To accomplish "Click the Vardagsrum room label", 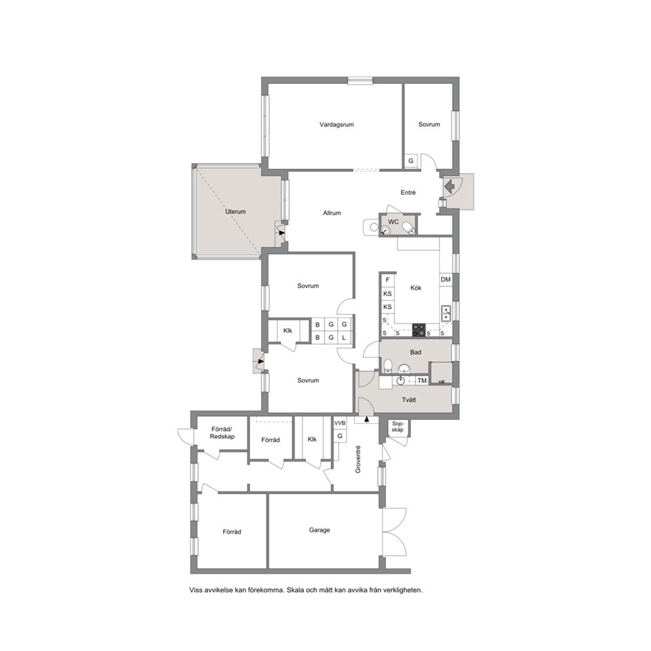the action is click(336, 125).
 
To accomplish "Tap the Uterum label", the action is click(236, 212).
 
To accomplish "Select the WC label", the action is click(393, 222).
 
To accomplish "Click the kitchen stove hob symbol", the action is click(419, 330).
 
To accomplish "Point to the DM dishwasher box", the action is click(446, 280).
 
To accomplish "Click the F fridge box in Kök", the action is click(388, 280).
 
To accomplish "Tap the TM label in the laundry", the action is click(422, 381).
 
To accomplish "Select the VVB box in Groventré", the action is click(340, 423).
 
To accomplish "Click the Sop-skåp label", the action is click(397, 427).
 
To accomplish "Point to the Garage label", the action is click(320, 530).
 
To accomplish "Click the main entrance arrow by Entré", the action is click(450, 186).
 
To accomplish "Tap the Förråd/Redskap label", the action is click(222, 432).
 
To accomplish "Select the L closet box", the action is click(344, 338).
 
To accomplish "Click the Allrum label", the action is click(331, 213).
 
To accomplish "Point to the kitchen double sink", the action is click(446, 314).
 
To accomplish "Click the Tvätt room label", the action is click(409, 400).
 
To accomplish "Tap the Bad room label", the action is click(415, 352).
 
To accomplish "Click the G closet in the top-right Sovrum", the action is click(411, 161).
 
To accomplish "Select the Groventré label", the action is click(358, 459).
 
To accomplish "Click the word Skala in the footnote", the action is click(297, 590).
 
